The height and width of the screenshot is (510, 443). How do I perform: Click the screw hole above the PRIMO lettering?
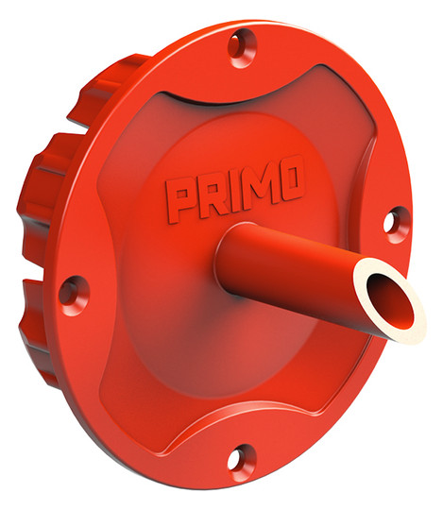point(242,47)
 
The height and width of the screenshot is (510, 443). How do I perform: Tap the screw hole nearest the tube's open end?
point(396,225)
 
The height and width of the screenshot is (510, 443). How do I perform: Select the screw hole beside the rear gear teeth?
point(74,296)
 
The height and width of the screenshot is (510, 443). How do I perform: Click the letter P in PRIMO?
point(179,200)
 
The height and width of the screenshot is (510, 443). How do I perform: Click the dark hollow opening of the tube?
point(390,300)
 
